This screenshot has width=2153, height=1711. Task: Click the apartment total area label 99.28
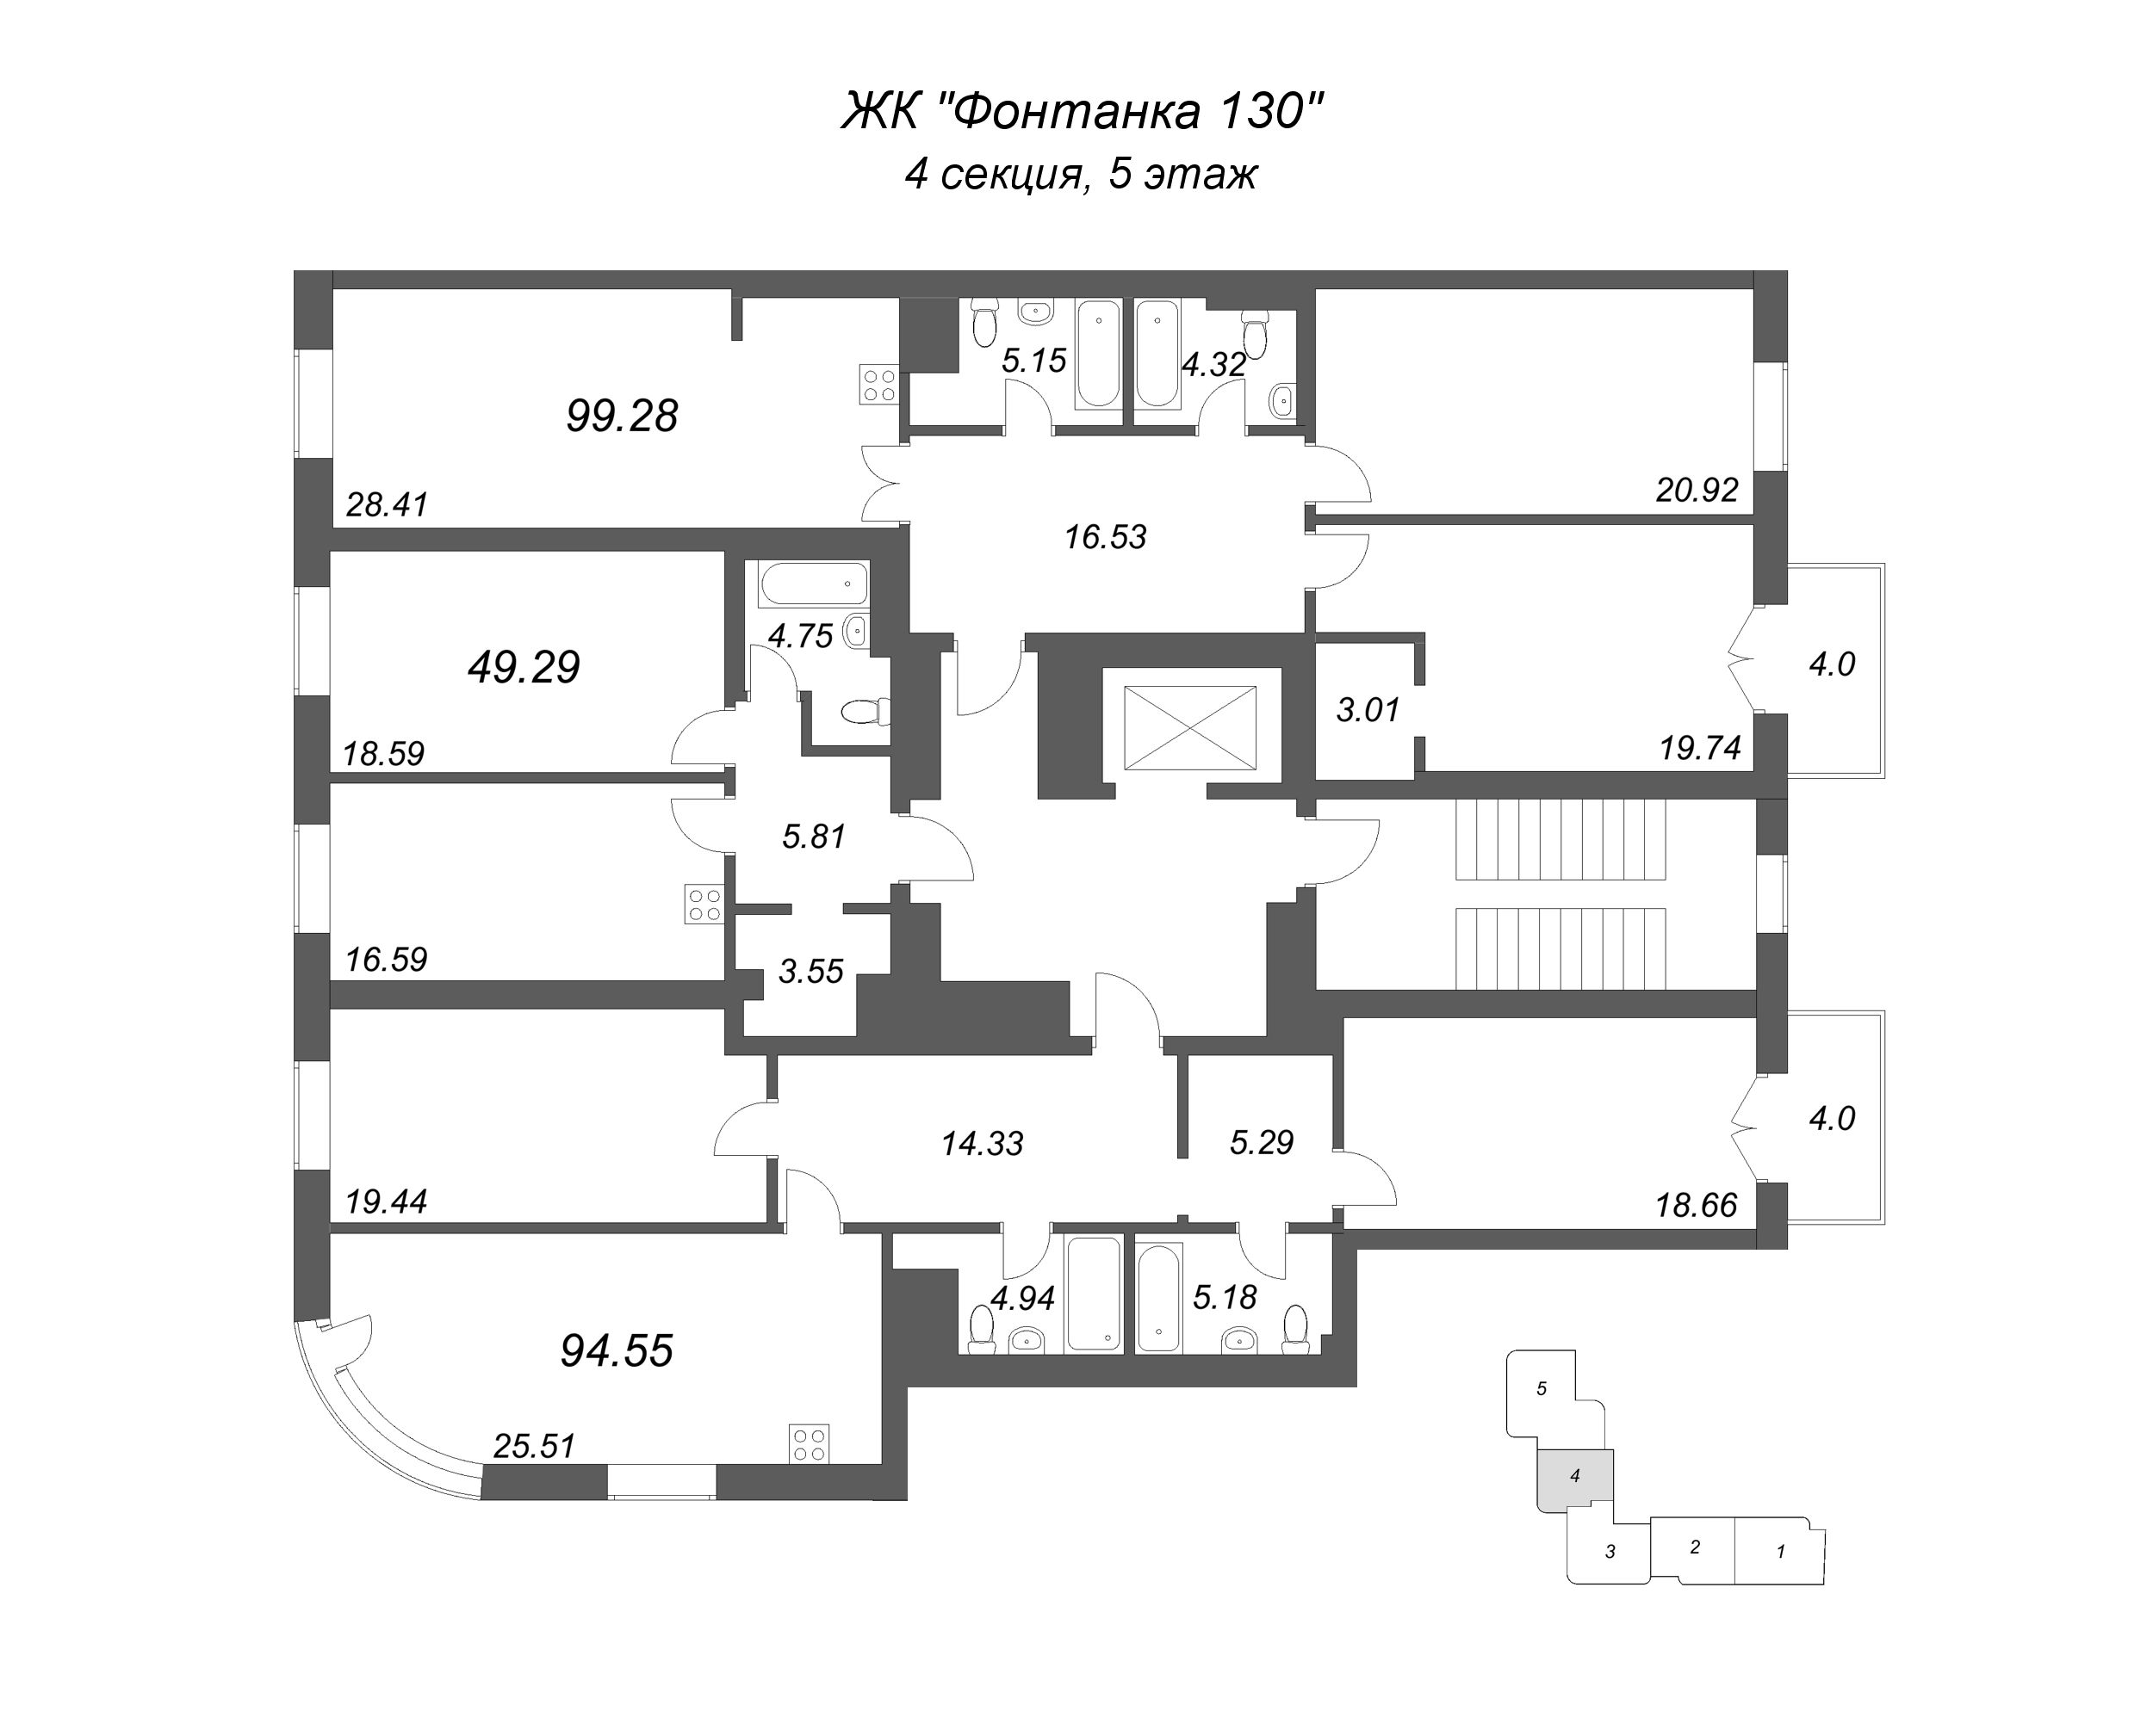[x=621, y=416]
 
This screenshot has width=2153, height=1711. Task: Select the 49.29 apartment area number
[x=524, y=667]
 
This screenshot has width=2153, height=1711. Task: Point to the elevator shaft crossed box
[x=1189, y=728]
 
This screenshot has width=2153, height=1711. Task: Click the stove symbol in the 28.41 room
[x=878, y=385]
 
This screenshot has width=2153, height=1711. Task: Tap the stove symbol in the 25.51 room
[x=809, y=1443]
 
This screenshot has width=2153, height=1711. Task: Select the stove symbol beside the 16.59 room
[x=703, y=905]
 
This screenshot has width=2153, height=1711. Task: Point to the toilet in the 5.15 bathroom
[x=985, y=319]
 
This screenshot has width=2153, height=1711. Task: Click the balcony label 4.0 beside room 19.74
[x=1832, y=664]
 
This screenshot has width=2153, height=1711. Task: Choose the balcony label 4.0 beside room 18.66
[x=1832, y=1118]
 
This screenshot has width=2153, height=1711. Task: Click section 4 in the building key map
[x=1575, y=1475]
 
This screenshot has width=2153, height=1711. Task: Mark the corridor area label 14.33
[x=982, y=1143]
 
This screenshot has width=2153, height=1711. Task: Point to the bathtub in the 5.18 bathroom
[x=1158, y=1295]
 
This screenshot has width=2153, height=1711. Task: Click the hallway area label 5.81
[x=813, y=837]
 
